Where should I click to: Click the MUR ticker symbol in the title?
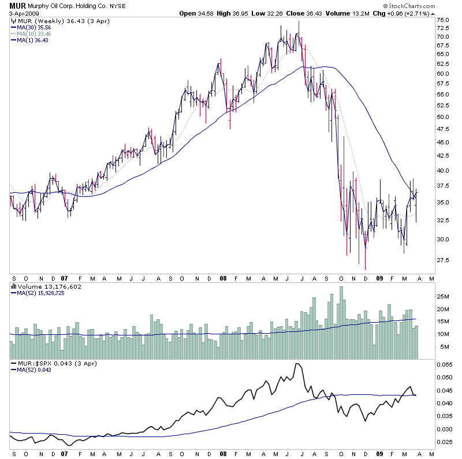pos(16,5)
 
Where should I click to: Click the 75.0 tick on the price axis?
pos(443,20)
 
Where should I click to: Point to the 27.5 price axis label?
pos(443,260)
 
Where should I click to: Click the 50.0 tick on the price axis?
pos(443,117)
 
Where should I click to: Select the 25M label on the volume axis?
pos(444,297)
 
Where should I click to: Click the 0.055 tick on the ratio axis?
pos(445,365)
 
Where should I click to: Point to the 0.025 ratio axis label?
pos(445,442)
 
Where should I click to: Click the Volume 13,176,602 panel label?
pos(43,285)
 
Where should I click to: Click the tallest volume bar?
pos(341,323)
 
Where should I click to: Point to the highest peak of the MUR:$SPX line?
pos(296,364)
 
